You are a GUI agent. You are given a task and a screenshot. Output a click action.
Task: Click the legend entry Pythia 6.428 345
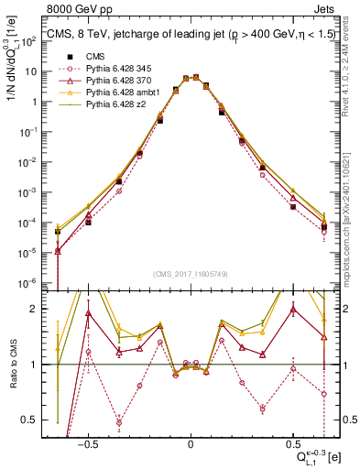point(113,69)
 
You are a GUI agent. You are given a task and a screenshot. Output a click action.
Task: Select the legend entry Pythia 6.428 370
point(113,82)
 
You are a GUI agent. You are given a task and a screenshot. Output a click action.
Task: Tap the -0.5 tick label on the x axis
point(86,442)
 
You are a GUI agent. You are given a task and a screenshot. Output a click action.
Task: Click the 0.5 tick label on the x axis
point(294,442)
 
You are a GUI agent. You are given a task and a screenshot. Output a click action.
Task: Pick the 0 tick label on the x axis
point(191,442)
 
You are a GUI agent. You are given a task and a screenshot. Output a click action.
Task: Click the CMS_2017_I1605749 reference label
point(191,273)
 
